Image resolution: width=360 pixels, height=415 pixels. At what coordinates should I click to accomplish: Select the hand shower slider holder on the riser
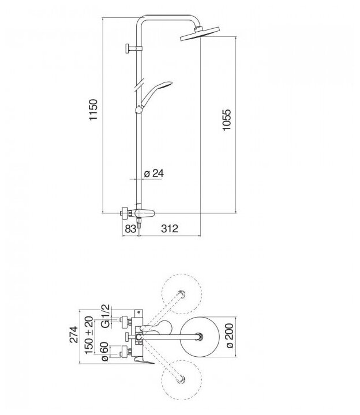138,109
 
